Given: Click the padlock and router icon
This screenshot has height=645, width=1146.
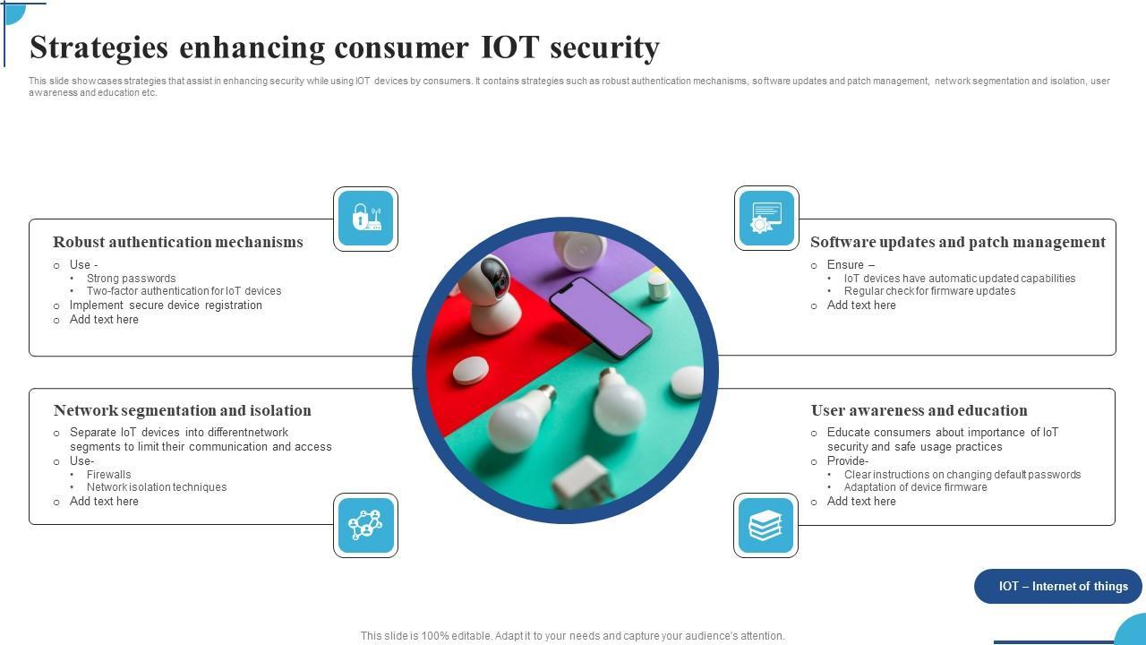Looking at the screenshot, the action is (365, 219).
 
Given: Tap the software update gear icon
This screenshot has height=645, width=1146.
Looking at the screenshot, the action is (766, 219).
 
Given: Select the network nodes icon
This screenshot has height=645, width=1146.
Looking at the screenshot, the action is (365, 525).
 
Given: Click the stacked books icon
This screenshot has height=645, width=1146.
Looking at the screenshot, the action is (765, 525).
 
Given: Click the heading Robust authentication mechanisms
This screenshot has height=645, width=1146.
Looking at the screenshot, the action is (178, 242).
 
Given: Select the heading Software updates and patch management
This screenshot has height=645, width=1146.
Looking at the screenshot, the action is (958, 242).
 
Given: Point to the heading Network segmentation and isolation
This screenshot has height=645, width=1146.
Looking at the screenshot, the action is (183, 410).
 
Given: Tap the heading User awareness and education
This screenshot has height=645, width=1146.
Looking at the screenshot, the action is (919, 410).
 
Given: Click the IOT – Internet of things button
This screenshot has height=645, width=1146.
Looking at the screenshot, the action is (1063, 587).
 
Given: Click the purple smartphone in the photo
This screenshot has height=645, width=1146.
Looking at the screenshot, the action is (601, 316).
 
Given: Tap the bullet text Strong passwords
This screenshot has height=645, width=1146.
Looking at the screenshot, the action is (131, 279).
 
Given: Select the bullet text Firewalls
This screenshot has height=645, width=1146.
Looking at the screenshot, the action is (108, 475).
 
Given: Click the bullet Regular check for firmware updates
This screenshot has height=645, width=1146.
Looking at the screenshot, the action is (929, 291).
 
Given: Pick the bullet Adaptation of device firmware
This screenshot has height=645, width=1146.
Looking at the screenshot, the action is (915, 487).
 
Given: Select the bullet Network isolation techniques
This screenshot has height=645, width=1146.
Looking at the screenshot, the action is (156, 487).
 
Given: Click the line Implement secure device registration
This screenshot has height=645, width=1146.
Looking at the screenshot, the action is (166, 305).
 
